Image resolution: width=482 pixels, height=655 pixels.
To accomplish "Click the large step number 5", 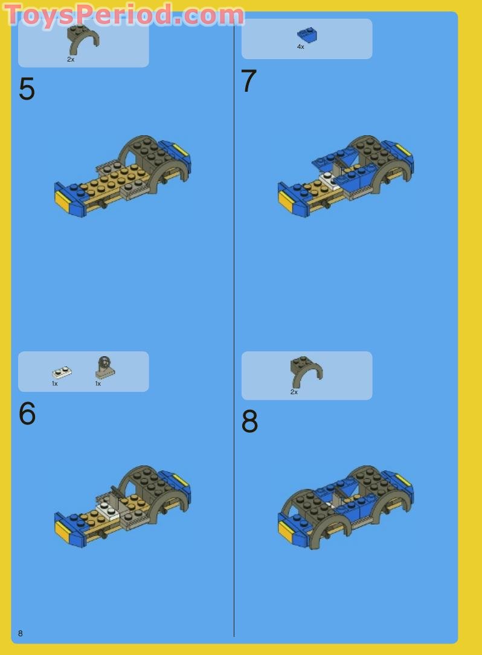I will [x=27, y=89].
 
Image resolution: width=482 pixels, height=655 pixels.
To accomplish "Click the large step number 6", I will [x=27, y=414].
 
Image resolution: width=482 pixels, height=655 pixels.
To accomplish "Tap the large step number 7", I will [x=249, y=81].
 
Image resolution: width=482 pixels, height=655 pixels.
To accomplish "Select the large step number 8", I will [x=249, y=422].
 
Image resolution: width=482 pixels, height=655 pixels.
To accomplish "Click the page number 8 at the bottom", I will [x=21, y=633].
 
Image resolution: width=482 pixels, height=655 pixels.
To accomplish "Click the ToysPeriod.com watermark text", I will [x=124, y=14].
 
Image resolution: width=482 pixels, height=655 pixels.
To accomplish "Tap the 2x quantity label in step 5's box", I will [x=71, y=60].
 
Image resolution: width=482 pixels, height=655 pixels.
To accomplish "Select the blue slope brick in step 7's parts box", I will [x=307, y=34].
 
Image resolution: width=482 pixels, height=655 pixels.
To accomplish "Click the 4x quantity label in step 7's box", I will [x=300, y=47].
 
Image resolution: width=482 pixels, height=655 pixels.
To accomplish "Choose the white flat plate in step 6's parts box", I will [x=62, y=372].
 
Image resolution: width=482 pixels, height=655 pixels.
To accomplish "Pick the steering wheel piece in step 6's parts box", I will [x=104, y=367].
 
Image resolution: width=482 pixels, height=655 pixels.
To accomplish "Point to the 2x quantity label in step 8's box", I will [x=294, y=392].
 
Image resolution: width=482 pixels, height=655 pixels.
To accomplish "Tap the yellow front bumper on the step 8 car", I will [x=286, y=532].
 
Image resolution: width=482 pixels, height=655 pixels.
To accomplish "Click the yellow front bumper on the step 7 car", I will [x=286, y=201].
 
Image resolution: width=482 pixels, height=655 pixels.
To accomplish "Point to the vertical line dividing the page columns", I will [x=234, y=326].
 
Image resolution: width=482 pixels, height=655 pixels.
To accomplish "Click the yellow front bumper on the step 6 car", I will [x=62, y=531].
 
